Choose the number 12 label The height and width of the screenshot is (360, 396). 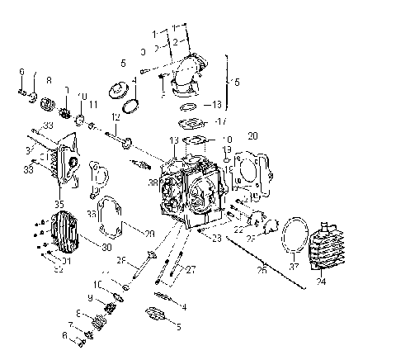117,119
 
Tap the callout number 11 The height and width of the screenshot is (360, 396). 92,105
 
